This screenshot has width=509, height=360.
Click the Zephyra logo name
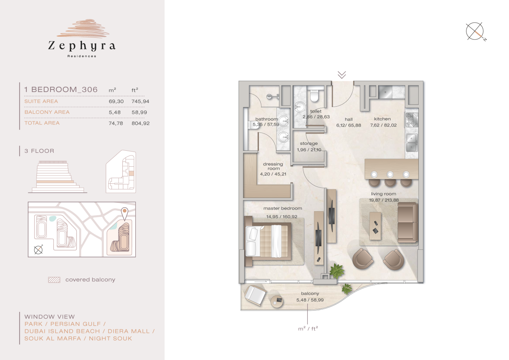(82, 46)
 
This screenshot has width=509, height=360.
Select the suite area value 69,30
(116, 101)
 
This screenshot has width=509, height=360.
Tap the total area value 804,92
(140, 123)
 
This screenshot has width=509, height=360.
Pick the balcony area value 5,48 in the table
(114, 112)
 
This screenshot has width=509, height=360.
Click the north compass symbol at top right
(476, 31)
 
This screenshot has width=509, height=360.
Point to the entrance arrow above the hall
(342, 74)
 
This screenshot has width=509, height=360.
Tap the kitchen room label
(382, 119)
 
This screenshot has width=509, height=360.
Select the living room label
(384, 194)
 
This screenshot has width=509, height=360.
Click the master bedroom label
(282, 208)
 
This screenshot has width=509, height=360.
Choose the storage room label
(309, 144)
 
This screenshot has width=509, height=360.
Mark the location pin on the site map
(124, 213)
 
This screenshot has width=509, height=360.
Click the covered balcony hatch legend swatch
(54, 280)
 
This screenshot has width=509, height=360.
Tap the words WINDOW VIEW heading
(49, 317)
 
